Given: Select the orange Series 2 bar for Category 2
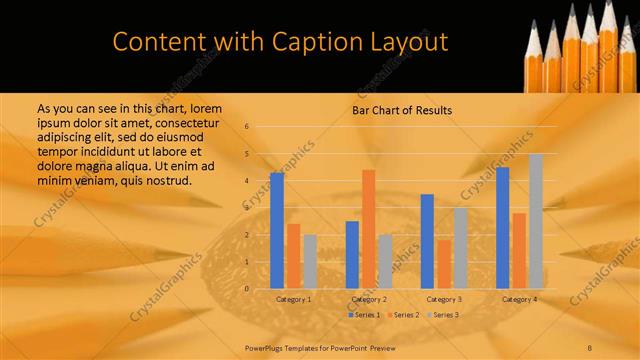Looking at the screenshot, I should pos(368,229).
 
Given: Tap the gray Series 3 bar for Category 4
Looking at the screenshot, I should pos(535,221).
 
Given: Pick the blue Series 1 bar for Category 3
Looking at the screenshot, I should pos(427,241).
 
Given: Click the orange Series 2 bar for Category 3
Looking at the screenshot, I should pos(443,264).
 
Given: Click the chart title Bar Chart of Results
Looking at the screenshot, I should pos(401,110).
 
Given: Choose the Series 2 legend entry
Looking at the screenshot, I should pos(403,315).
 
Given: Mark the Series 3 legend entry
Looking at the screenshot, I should pos(442,315).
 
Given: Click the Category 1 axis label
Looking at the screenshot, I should pos(293,299).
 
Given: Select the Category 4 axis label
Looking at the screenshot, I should pos(519,299).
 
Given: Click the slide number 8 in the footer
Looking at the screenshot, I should pos(591,347).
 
